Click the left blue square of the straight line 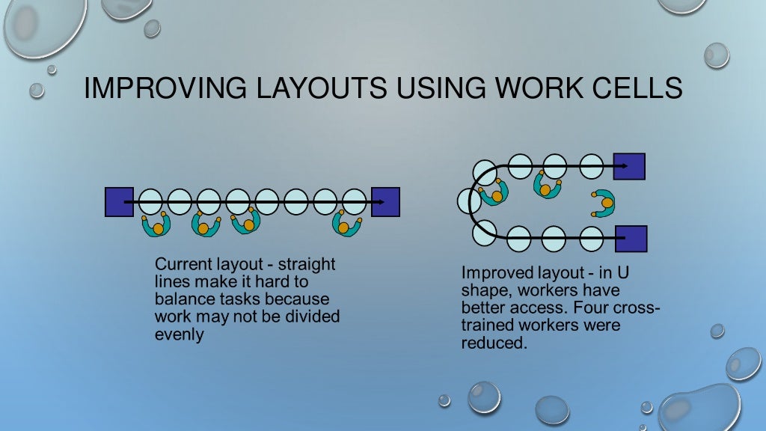pyautogui.click(x=119, y=202)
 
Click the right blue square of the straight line pyautogui.click(x=385, y=202)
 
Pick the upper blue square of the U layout pyautogui.click(x=628, y=165)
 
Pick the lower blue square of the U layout pyautogui.click(x=631, y=239)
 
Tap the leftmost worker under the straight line pyautogui.click(x=157, y=224)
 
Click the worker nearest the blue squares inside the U pyautogui.click(x=604, y=203)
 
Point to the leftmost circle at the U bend pyautogui.click(x=469, y=201)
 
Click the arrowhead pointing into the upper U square pyautogui.click(x=609, y=165)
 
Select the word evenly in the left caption pyautogui.click(x=179, y=334)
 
